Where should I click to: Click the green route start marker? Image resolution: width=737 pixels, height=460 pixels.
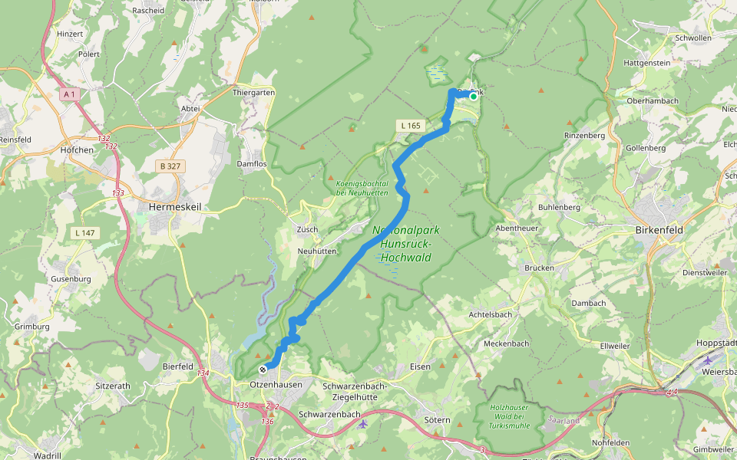[474, 96]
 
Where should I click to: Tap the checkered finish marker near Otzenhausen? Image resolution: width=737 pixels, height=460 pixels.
[263, 369]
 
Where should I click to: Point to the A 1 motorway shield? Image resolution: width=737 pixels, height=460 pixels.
[69, 94]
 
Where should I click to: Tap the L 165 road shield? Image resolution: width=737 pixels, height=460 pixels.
[410, 124]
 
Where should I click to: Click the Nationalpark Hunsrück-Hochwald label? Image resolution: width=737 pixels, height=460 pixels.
[402, 244]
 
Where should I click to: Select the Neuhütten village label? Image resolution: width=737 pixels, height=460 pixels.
[318, 251]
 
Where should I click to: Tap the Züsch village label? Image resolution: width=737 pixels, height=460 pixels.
[307, 229]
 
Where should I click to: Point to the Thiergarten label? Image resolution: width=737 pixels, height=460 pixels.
[253, 92]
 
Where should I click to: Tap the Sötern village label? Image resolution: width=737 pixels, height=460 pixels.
[437, 419]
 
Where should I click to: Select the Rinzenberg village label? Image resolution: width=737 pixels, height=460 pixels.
[585, 136]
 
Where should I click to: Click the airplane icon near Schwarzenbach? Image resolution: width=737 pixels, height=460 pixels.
[363, 422]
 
